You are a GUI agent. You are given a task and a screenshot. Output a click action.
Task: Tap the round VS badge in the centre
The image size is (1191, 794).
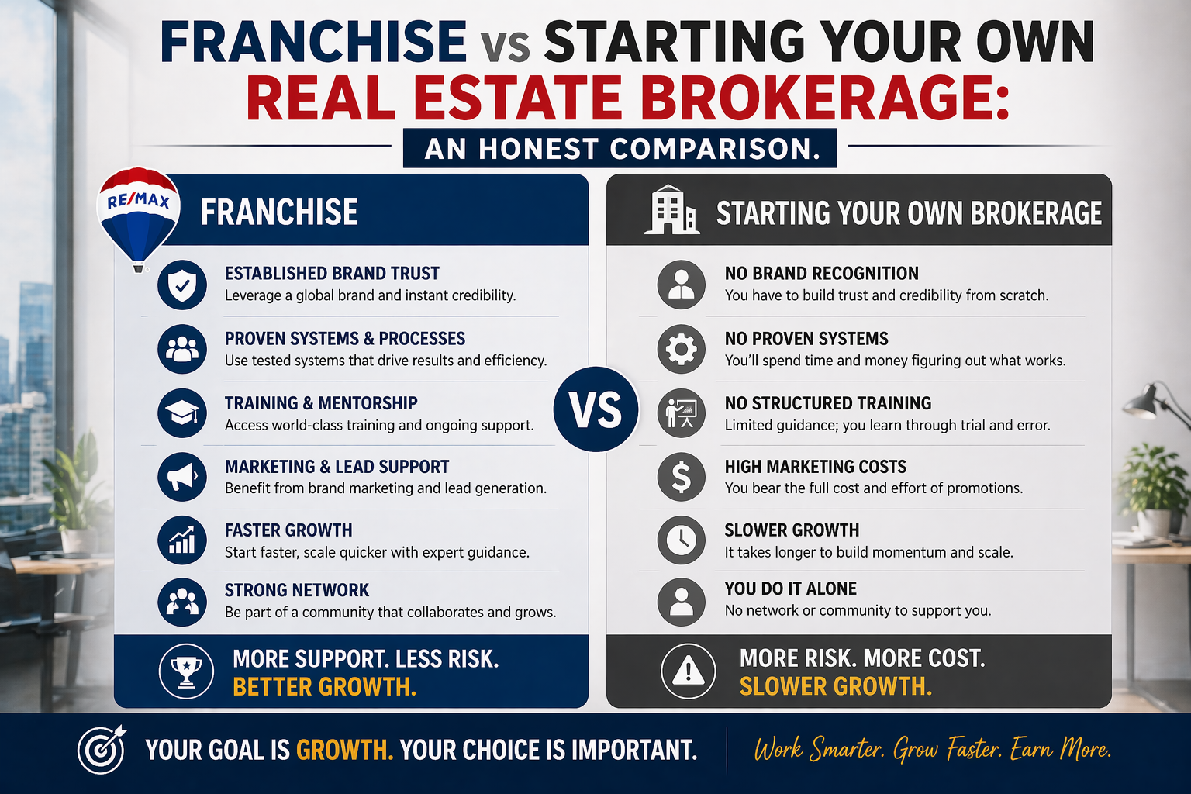coord(595,409)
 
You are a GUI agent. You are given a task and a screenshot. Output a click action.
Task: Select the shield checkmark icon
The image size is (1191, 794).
coord(182,285)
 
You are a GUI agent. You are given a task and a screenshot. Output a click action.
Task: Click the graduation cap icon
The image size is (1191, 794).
coord(182,413)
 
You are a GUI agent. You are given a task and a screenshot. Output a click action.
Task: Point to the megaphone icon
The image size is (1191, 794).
coord(182,476)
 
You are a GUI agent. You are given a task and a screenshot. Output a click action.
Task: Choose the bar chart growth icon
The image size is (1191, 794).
coord(182,540)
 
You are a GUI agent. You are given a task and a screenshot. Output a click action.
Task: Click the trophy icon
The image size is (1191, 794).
coord(186,671)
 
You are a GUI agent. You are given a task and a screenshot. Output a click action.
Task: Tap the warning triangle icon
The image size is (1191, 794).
coord(688,671)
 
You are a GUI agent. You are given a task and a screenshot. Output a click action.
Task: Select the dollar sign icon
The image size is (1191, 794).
coord(681,476)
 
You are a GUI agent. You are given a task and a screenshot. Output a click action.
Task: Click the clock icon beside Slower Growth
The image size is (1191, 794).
coord(681,540)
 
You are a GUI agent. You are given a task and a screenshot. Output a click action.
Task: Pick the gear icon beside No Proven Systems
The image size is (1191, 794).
coord(681,349)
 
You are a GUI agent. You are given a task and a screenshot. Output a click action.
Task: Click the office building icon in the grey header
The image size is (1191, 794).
coord(671,210)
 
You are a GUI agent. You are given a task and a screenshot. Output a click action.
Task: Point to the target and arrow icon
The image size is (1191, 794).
coord(102,749)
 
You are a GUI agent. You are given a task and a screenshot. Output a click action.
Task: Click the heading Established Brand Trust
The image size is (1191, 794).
coord(332,274)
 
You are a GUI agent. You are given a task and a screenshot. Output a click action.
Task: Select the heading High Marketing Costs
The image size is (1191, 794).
coord(815,467)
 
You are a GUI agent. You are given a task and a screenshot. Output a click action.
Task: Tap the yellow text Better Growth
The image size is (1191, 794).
coord(324,687)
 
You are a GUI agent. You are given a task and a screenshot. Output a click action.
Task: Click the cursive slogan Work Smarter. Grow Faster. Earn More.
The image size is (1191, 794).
coord(932,750)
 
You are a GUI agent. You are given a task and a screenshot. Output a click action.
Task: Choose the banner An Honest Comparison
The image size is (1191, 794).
coord(620,148)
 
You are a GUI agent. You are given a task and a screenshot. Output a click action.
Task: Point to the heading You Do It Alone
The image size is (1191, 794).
coord(790,589)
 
